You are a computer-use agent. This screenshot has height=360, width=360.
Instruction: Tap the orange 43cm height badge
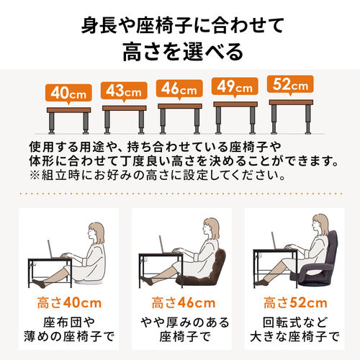[x=123, y=91]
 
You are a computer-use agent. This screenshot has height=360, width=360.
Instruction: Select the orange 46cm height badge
[x=179, y=90]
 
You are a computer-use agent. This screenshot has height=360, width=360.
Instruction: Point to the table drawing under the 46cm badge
[x=179, y=115]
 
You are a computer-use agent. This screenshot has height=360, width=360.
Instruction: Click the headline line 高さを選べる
[x=180, y=52]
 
